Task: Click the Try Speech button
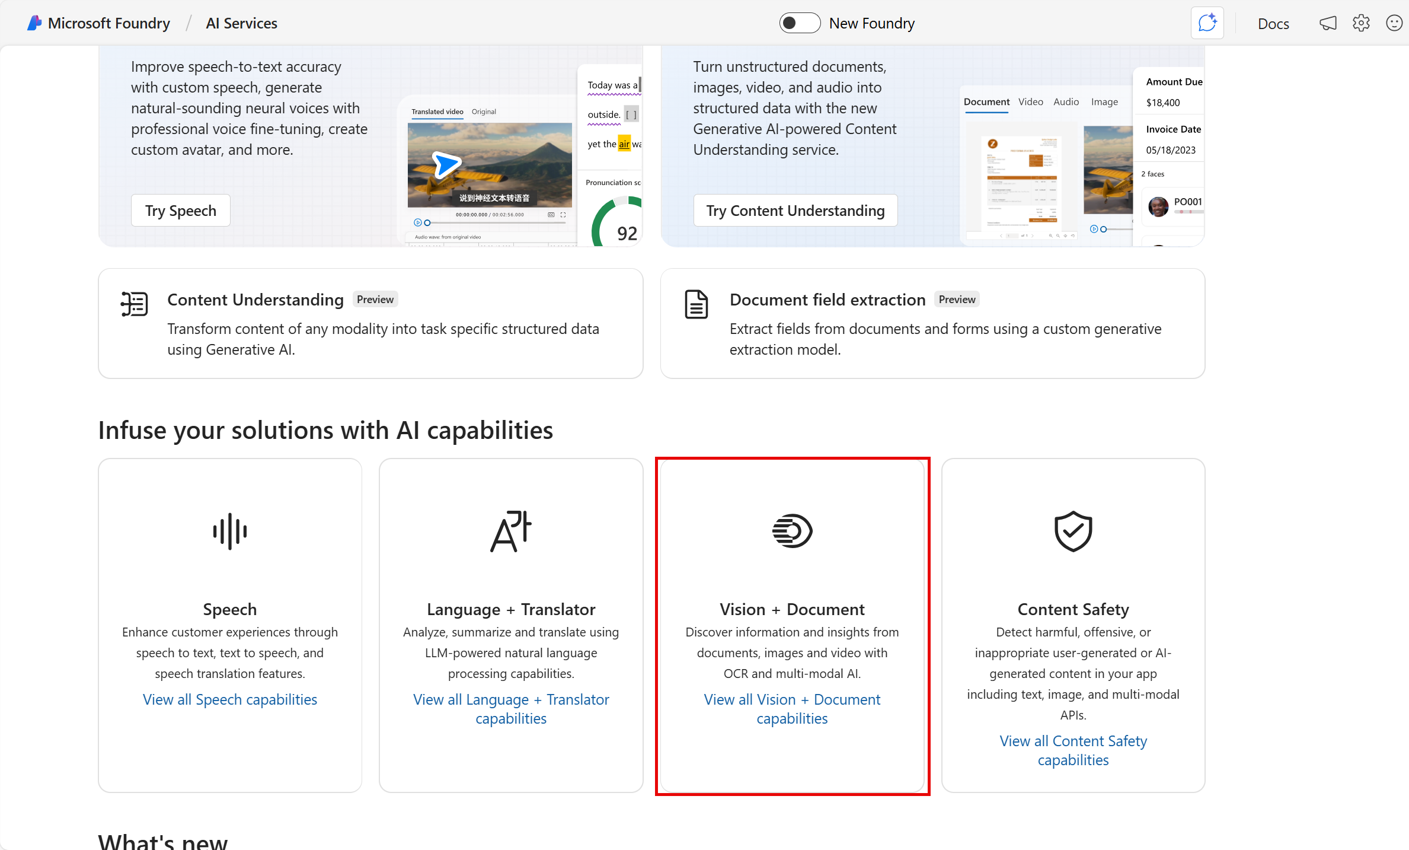pos(180,211)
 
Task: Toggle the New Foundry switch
pos(799,23)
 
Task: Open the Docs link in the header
pos(1273,24)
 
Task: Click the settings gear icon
pos(1361,23)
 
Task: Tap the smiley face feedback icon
pos(1394,23)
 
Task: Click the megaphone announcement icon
pos(1328,23)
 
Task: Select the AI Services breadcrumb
pos(241,23)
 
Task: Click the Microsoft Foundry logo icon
pos(34,23)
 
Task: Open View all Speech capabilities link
pos(230,699)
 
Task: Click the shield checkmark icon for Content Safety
pos(1073,531)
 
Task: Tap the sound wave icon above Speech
pos(230,531)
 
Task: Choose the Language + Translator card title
pos(511,609)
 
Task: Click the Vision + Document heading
pos(792,609)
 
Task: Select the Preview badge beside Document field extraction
pos(957,300)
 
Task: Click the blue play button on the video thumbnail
pos(445,164)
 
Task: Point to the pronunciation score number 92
pos(627,233)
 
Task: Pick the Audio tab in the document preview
pos(1066,102)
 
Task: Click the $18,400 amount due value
pos(1163,103)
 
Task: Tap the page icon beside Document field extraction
pos(696,304)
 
